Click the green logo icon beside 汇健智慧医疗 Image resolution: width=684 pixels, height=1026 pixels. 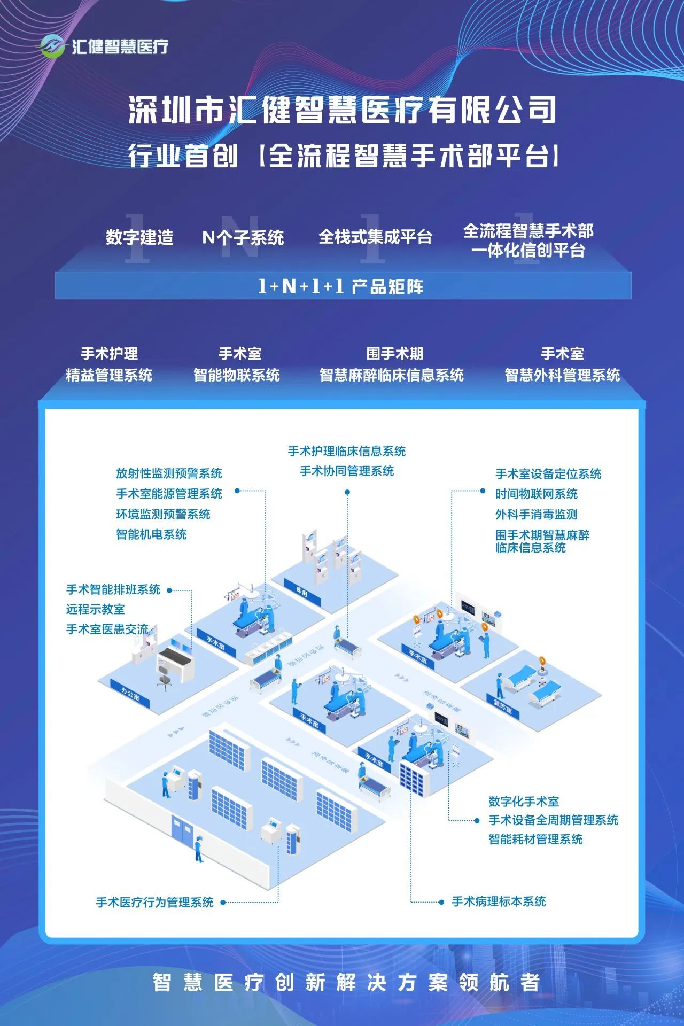(x=52, y=46)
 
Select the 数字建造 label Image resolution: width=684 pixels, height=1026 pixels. (x=139, y=237)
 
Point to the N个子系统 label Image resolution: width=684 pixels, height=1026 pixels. (x=243, y=237)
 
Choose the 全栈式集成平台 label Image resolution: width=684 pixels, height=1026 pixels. (x=375, y=236)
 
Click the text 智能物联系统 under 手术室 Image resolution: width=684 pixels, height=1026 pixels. (x=237, y=375)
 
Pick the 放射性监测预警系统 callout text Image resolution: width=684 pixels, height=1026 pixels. (x=169, y=473)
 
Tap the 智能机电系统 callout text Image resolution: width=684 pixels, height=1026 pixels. (x=151, y=534)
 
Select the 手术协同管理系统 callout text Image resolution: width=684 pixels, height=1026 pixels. (x=347, y=471)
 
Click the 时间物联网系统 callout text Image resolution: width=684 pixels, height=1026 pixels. (x=536, y=494)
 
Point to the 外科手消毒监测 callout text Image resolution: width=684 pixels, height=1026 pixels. (x=536, y=514)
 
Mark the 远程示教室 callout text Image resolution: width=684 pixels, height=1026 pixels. (x=95, y=609)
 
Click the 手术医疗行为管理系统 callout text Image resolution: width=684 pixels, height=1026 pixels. (x=154, y=902)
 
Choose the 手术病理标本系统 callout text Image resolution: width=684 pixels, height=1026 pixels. (x=499, y=901)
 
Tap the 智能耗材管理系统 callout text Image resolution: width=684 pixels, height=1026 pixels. (x=535, y=839)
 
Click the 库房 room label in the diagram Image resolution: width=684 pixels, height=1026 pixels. (x=302, y=592)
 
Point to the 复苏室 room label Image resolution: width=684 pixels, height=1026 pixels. (x=502, y=708)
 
